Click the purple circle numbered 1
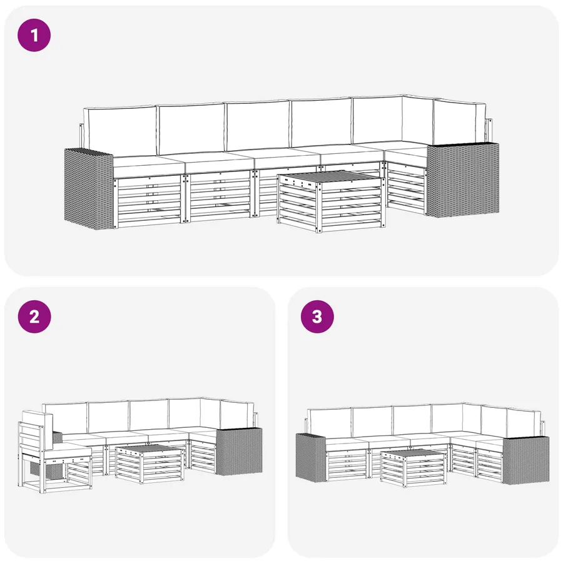click(x=34, y=35)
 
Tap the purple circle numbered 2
click(x=34, y=317)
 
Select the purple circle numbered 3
click(x=317, y=317)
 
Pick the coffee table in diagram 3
click(x=413, y=468)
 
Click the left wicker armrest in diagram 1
click(x=88, y=189)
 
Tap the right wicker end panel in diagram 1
click(x=462, y=180)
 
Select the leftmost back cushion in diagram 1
click(x=120, y=131)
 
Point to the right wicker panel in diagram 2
click(x=239, y=451)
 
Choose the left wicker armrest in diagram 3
click(x=310, y=457)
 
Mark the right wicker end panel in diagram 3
click(x=525, y=460)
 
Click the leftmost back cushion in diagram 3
click(x=330, y=423)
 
